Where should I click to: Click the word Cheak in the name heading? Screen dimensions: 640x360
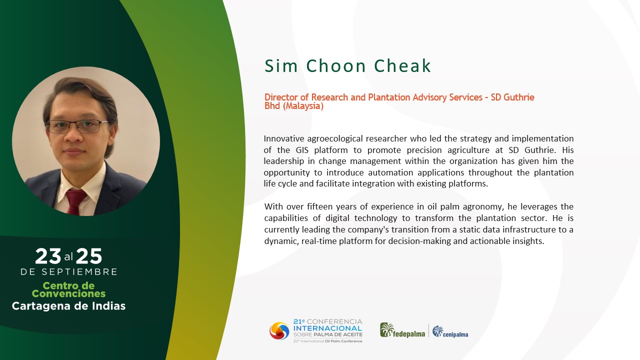pyautogui.click(x=402, y=66)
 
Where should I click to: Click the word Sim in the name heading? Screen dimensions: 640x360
pyautogui.click(x=281, y=66)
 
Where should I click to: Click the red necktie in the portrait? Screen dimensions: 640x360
pyautogui.click(x=75, y=201)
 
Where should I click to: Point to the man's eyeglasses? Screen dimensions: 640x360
pyautogui.click(x=76, y=126)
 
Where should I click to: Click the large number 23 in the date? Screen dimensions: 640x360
pyautogui.click(x=48, y=256)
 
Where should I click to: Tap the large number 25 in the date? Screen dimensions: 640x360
pyautogui.click(x=89, y=256)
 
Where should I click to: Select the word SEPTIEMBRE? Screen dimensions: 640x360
pyautogui.click(x=79, y=271)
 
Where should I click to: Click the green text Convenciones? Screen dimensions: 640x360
pyautogui.click(x=68, y=293)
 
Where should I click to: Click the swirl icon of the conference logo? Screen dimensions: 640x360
pyautogui.click(x=279, y=331)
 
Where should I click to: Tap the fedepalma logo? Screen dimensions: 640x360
pyautogui.click(x=402, y=330)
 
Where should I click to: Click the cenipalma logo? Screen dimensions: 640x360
pyautogui.click(x=450, y=332)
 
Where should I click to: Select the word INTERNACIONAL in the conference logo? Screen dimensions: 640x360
pyautogui.click(x=327, y=328)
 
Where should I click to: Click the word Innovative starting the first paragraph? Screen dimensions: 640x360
pyautogui.click(x=284, y=139)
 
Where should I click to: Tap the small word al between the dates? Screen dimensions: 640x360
pyautogui.click(x=68, y=257)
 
